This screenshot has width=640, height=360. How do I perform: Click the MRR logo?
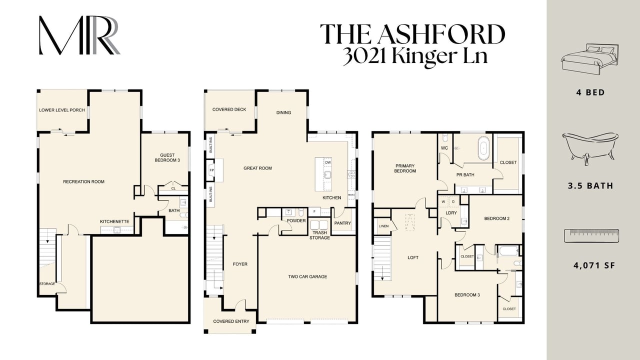79,35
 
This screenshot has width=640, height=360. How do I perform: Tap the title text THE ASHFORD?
412,34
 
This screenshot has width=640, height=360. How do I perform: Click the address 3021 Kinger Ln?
415,56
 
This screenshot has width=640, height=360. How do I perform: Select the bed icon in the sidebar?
589,60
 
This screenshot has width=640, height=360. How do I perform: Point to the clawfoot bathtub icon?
590,148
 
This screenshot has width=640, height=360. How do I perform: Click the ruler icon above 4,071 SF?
591,235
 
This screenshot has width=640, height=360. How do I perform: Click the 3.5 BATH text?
590,185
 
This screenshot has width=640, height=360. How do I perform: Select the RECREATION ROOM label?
83,181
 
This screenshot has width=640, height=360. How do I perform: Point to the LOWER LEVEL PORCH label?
62,110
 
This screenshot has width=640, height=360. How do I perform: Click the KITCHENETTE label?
114,221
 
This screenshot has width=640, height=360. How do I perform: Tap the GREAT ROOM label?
257,168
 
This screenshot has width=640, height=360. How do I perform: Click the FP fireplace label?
211,170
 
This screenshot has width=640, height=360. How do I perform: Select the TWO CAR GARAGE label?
307,276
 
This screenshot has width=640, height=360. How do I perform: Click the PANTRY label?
342,223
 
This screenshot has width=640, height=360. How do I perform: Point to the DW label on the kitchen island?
328,162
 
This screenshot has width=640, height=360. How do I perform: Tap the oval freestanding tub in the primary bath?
483,148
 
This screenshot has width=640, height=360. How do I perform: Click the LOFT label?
413,257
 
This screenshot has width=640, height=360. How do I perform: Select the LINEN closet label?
383,226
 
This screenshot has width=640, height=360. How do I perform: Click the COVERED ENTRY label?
231,321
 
